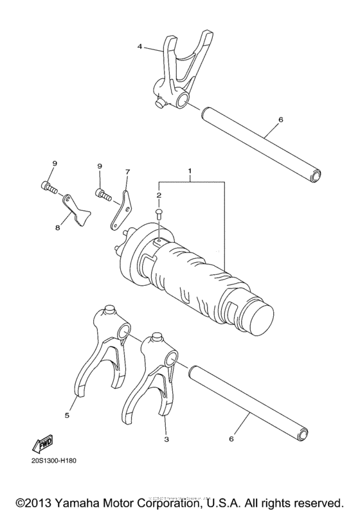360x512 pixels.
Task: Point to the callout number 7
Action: coord(127,172)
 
